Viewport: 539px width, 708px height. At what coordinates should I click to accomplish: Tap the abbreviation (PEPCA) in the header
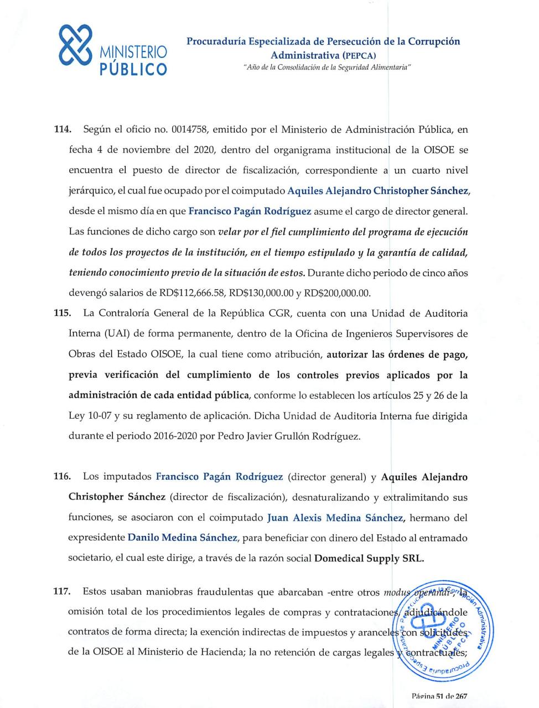click(359, 55)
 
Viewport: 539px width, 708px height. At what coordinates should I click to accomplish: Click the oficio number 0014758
click(190, 130)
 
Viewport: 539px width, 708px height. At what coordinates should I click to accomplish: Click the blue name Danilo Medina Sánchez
click(182, 538)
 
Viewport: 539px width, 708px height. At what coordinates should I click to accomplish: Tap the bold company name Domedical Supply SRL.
click(369, 558)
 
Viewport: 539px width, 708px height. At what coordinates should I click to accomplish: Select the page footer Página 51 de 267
click(439, 696)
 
